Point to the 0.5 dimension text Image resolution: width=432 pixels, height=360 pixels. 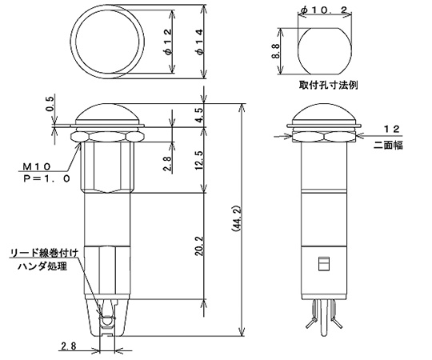(50, 104)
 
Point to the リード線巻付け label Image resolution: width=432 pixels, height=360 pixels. (44, 253)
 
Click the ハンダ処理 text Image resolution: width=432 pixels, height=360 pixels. (41, 265)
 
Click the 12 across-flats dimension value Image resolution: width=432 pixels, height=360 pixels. (391, 128)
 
